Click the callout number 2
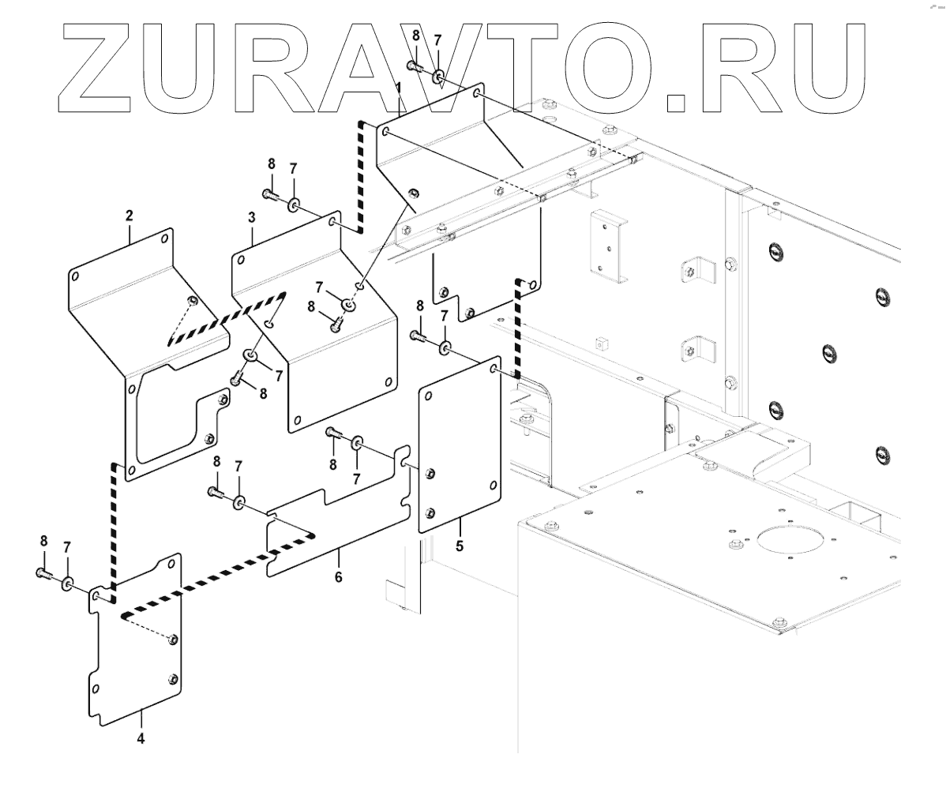coord(129,215)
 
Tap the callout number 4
coord(141,738)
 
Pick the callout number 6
coord(338,577)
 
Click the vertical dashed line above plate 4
coord(114,526)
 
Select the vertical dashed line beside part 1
coord(362,177)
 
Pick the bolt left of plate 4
coord(43,574)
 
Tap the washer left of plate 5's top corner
coord(446,347)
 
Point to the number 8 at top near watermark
coord(416,35)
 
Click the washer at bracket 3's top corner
coord(293,205)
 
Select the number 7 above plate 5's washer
coord(444,316)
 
